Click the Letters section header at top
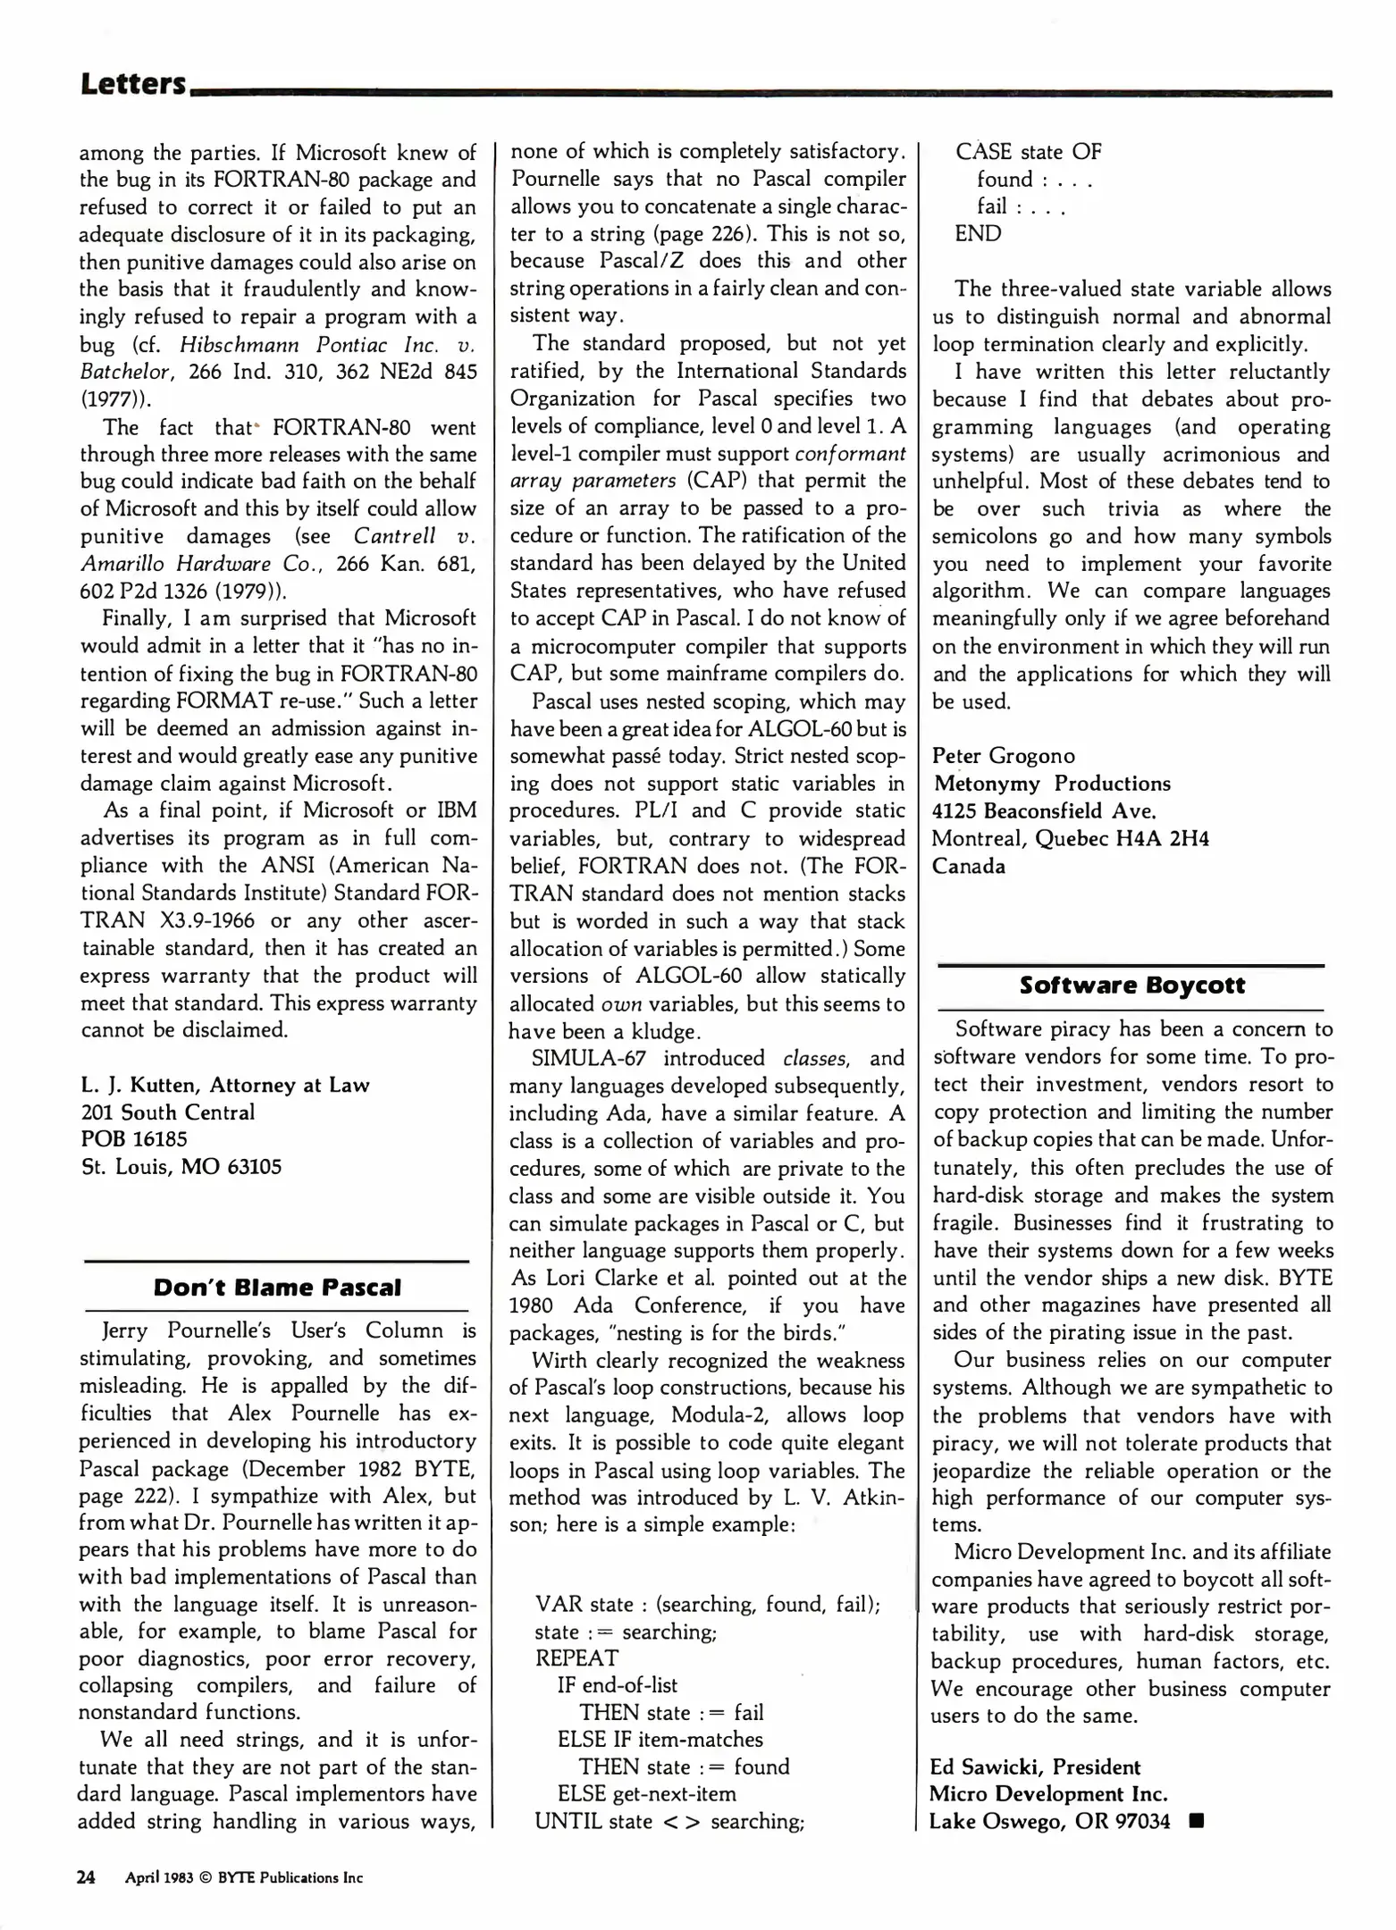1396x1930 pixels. click(133, 84)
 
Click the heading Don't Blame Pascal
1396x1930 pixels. click(277, 1288)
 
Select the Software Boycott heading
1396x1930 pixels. click(1131, 985)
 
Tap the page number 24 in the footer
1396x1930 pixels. click(87, 1877)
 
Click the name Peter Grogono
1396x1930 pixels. click(1003, 756)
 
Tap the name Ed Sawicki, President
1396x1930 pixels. click(1035, 1767)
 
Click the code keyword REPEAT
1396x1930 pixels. click(576, 1658)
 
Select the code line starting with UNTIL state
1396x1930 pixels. click(669, 1822)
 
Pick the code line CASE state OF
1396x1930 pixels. click(1028, 152)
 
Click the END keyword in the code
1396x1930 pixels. click(978, 234)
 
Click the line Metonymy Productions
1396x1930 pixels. click(1052, 784)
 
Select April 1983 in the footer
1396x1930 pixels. click(159, 1878)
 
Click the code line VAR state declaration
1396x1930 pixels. click(707, 1604)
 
